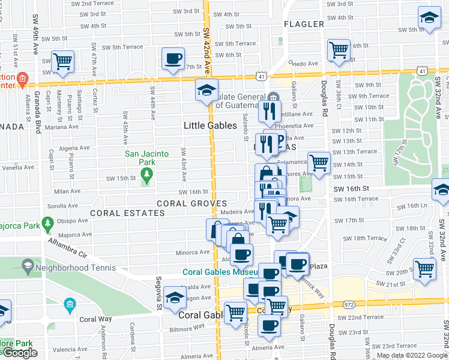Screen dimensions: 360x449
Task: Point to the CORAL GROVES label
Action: (191, 203)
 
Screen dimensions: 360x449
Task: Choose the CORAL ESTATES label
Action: (119, 213)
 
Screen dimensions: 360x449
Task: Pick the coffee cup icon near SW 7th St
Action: (173, 59)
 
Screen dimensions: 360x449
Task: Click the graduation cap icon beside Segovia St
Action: (174, 297)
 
